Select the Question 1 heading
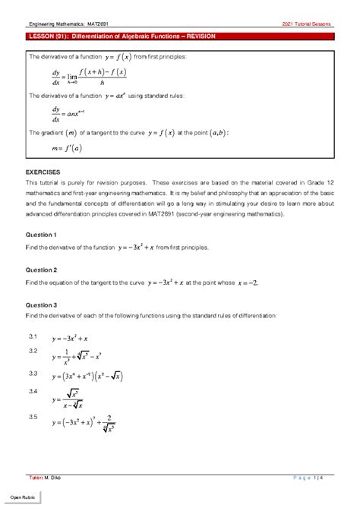(43, 235)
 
